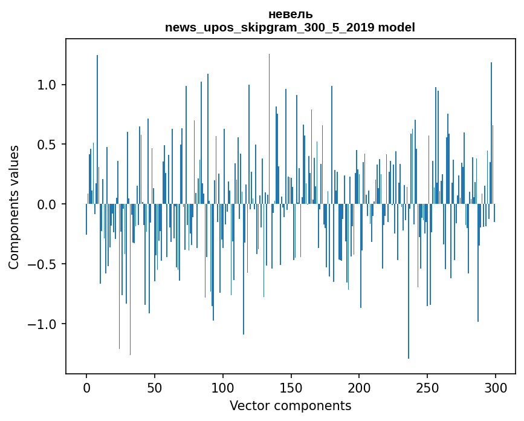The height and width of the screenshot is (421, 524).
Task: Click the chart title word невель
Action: pos(290,15)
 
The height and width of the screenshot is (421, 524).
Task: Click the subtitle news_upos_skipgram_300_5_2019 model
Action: pos(290,27)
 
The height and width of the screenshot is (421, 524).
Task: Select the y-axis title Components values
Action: pos(14,207)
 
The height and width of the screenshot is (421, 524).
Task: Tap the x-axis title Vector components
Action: pos(290,405)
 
